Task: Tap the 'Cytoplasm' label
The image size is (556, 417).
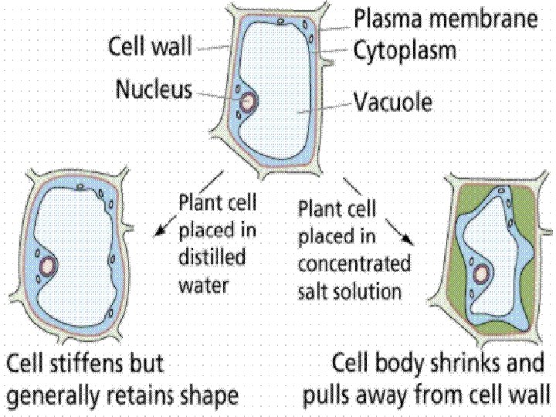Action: click(405, 50)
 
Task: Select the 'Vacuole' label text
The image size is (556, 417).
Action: click(393, 100)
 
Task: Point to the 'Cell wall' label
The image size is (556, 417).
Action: click(150, 46)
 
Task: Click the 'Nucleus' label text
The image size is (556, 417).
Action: click(154, 90)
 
